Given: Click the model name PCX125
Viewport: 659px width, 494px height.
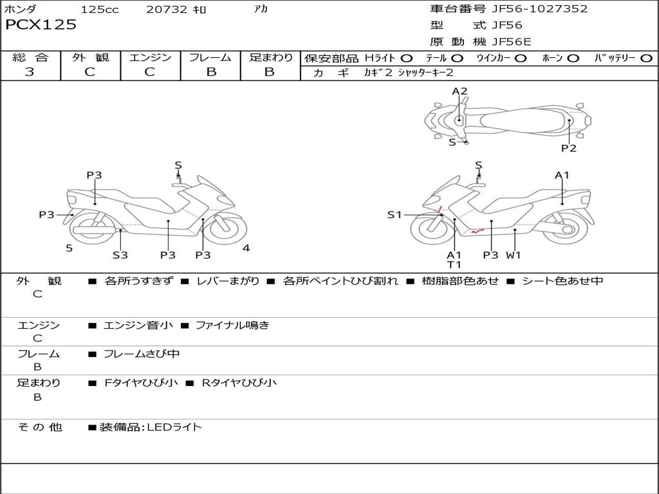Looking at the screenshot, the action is (41, 25).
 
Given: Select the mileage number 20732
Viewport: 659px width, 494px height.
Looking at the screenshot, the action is (166, 10).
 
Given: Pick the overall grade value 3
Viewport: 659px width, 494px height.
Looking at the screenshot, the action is (30, 72).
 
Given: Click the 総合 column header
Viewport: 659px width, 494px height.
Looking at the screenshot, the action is (30, 57).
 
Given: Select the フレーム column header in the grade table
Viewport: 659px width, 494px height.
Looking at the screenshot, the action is (210, 57).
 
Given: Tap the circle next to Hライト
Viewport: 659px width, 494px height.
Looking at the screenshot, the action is (407, 59).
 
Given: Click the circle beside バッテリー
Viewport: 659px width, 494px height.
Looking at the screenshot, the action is (646, 59).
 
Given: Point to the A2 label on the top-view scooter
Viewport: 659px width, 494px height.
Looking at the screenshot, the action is (459, 91).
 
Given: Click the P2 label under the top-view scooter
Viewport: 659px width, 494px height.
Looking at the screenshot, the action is (568, 148).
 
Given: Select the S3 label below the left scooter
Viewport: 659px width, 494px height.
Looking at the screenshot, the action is (120, 255).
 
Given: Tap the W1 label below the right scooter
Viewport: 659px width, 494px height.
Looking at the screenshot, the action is (513, 255).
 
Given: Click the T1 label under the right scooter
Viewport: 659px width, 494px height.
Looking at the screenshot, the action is (454, 264).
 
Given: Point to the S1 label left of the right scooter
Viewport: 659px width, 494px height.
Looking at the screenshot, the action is (394, 215).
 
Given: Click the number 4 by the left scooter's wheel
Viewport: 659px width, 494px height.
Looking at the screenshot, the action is (246, 248).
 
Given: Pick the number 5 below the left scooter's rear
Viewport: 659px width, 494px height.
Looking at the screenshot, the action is (69, 248).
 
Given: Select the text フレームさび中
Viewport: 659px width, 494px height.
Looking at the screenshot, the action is (142, 354).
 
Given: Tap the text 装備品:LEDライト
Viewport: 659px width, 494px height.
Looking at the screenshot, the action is (150, 426).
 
